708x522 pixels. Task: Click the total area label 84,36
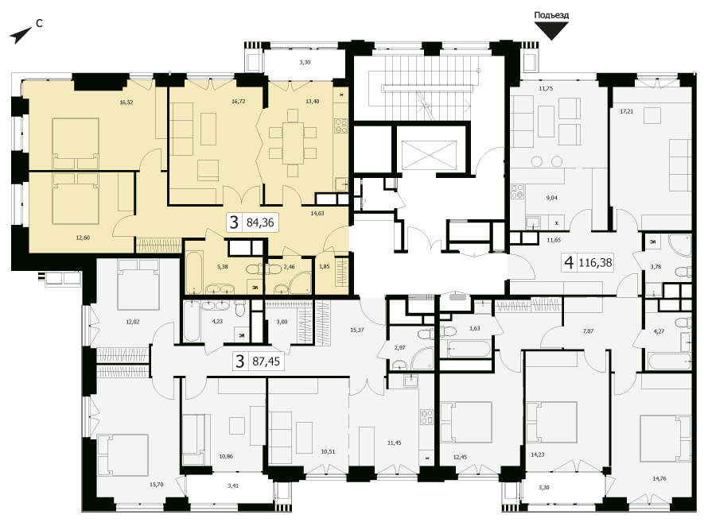(260, 222)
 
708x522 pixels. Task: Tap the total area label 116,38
(595, 262)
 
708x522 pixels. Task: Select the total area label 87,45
(266, 361)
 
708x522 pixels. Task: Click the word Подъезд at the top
(551, 15)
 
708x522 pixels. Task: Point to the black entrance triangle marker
(551, 31)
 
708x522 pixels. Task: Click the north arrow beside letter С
(21, 36)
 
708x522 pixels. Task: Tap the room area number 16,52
(126, 102)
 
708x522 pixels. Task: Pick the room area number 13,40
(313, 102)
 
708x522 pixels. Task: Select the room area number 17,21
(627, 111)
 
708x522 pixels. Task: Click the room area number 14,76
(659, 479)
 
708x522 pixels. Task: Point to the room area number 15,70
(156, 485)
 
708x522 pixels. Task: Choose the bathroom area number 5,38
(222, 267)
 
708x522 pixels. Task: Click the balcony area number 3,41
(233, 486)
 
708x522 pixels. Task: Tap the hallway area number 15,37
(356, 330)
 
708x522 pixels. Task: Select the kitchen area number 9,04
(552, 198)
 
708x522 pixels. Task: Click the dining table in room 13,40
(293, 143)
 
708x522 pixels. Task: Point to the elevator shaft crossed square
(429, 155)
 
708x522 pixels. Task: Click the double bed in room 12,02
(138, 284)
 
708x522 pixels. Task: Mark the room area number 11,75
(546, 89)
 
